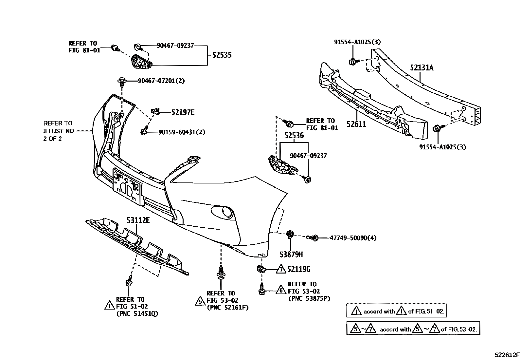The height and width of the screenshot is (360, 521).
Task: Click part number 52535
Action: [222, 55]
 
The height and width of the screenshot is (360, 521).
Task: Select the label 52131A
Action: [422, 68]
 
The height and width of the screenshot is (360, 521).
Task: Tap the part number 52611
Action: [356, 124]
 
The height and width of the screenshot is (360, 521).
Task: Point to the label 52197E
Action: [183, 112]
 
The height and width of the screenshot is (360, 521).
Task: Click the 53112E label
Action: [138, 220]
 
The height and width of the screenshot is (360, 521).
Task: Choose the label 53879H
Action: [291, 254]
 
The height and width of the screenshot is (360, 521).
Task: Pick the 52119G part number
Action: [298, 269]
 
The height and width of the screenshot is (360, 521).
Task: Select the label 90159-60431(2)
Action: [182, 132]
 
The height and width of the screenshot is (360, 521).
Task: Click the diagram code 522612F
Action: [507, 355]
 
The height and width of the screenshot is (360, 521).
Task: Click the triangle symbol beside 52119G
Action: [281, 269]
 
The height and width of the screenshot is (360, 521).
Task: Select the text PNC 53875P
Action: [309, 298]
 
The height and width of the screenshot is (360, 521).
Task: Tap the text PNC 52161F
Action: [227, 308]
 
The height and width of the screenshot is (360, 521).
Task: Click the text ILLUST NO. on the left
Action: [59, 131]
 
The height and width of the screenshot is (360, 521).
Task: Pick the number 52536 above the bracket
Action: [294, 136]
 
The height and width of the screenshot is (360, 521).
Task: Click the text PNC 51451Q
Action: [137, 314]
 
